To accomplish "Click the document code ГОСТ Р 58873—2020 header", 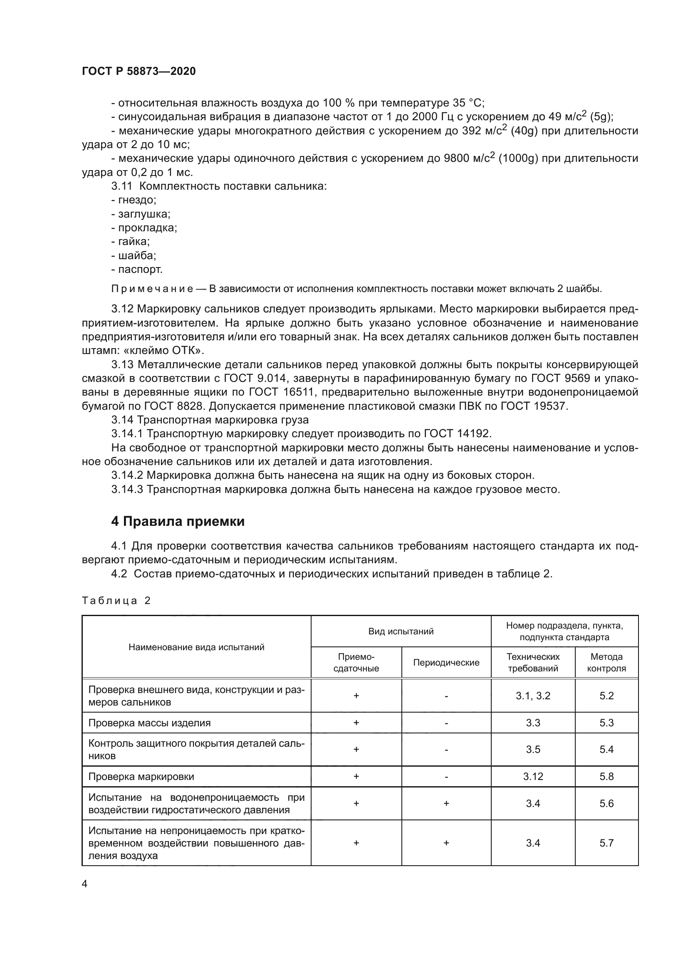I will click(139, 71).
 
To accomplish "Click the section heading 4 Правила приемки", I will click(178, 521).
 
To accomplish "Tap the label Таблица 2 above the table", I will click(116, 601).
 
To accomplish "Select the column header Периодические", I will click(445, 662).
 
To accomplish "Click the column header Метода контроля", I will click(606, 662).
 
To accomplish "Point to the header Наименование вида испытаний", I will click(196, 647).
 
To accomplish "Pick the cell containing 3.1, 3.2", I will click(532, 696).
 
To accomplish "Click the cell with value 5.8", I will click(606, 776).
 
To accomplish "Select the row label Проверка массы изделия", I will click(149, 723).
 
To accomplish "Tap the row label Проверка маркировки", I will click(141, 776).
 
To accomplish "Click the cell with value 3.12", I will click(532, 776).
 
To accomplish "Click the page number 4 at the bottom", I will click(85, 884).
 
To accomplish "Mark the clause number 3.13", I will click(122, 364).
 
